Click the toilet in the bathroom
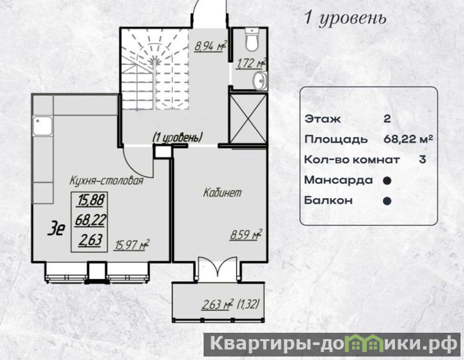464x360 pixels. pos(252,39)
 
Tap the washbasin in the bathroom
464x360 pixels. pos(260,81)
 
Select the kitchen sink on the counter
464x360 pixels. pos(42,126)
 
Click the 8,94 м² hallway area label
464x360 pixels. pos(211,46)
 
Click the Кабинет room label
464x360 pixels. pos(222,193)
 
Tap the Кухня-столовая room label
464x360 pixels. pos(107,180)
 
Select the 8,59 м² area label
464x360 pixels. pos(246,235)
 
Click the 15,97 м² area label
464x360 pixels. pos(132,245)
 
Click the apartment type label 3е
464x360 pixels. pos(56,229)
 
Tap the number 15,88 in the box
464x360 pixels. pos(91,200)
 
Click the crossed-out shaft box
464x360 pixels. pos(248,119)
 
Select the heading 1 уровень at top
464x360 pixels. pos(346,19)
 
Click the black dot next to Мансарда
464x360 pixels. pos(387,181)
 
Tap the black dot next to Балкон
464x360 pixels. pos(387,201)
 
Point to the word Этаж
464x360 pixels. pos(323,119)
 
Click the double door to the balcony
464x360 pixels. pos(217,268)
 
